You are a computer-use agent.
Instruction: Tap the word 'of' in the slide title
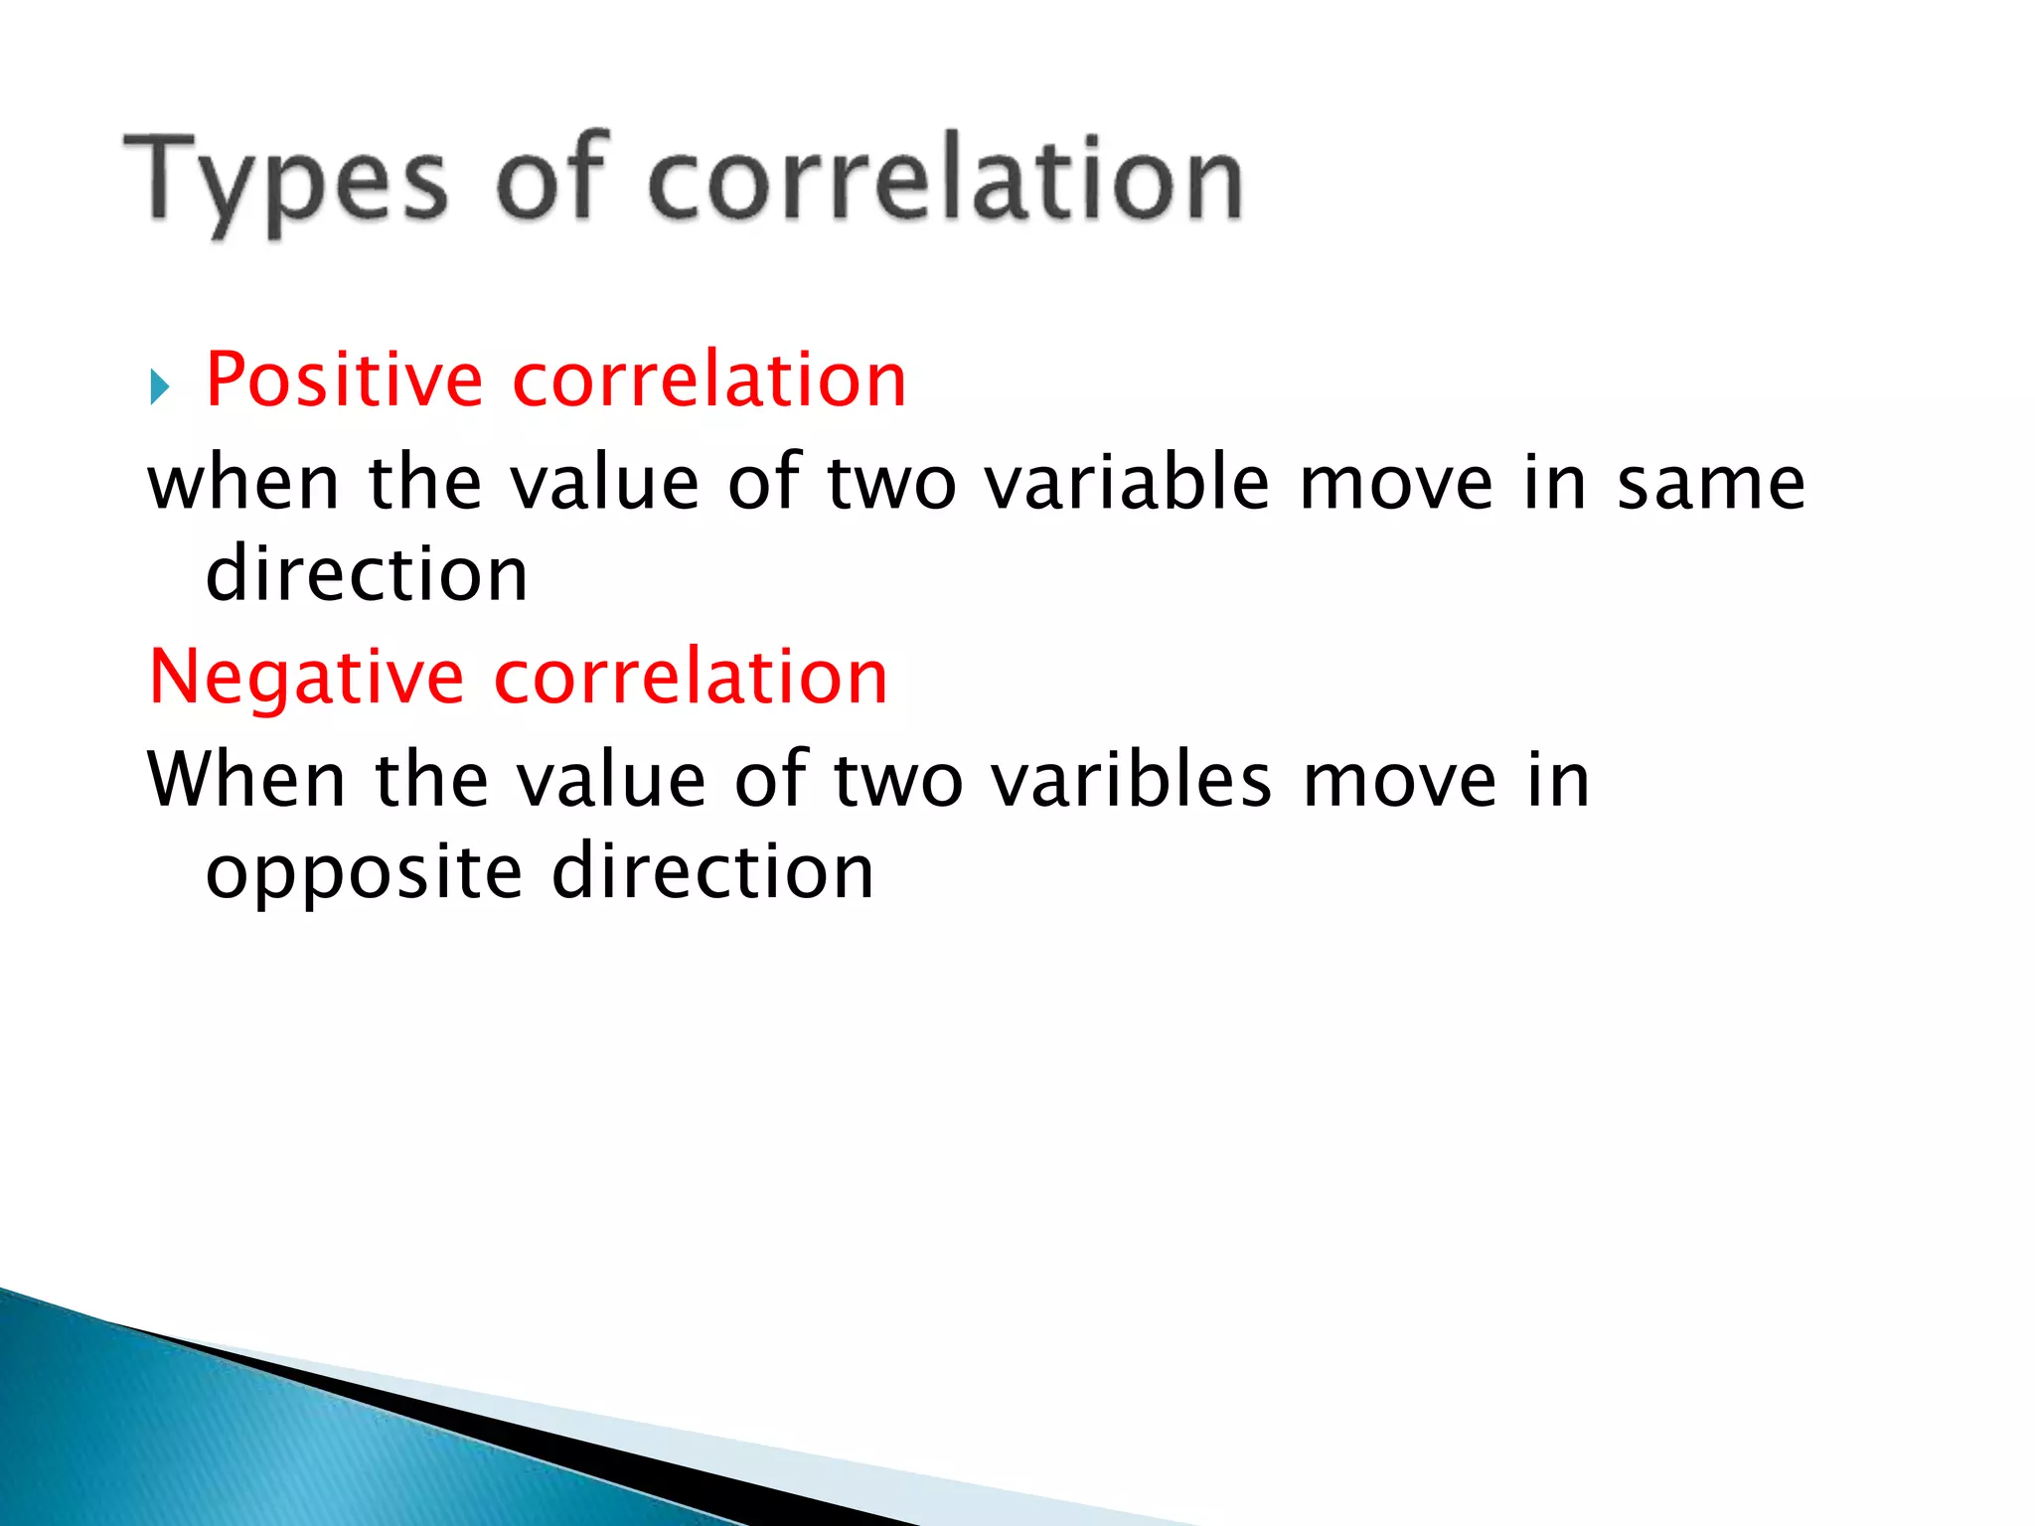[549, 179]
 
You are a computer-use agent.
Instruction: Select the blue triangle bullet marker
[160, 386]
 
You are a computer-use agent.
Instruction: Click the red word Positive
[344, 381]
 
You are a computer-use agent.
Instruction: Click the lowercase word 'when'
[243, 484]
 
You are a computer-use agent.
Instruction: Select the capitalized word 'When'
[246, 781]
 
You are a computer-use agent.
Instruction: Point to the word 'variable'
[1127, 484]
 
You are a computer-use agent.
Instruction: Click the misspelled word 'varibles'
[1132, 781]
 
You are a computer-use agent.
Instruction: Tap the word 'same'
[1710, 484]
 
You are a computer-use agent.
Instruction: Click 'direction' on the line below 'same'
[367, 575]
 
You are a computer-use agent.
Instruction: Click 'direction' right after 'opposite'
[712, 872]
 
